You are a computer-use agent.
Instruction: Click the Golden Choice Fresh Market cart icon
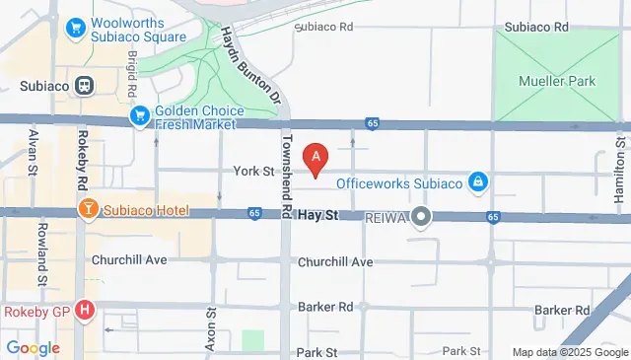coord(140,116)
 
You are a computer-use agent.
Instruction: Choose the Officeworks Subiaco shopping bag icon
coord(477,182)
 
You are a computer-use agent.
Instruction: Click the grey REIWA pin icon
coord(421,216)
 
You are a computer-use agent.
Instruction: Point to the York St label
coord(253,171)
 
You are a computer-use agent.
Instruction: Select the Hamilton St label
coord(620,170)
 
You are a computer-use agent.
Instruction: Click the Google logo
coord(33,347)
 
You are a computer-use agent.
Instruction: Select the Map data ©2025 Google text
coord(569,352)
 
